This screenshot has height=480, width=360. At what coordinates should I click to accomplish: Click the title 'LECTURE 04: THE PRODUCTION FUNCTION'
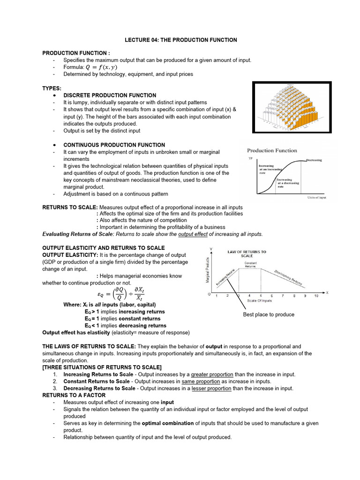pyautogui.click(x=180, y=40)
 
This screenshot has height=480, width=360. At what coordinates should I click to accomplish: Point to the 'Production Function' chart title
pyautogui.click(x=272, y=150)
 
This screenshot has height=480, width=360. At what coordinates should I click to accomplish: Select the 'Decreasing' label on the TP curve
pyautogui.click(x=314, y=160)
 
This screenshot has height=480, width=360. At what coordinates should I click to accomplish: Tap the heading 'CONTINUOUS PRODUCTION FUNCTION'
pyautogui.click(x=114, y=145)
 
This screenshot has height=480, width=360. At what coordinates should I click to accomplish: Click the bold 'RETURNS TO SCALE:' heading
pyautogui.click(x=70, y=207)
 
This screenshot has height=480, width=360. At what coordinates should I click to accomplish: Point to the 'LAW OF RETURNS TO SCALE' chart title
pyautogui.click(x=247, y=254)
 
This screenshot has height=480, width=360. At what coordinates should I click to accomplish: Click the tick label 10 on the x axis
pyautogui.click(x=316, y=296)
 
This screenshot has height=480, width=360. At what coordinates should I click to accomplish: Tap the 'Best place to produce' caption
pyautogui.click(x=269, y=315)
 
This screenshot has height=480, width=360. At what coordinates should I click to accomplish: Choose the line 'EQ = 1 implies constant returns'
pyautogui.click(x=122, y=318)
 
